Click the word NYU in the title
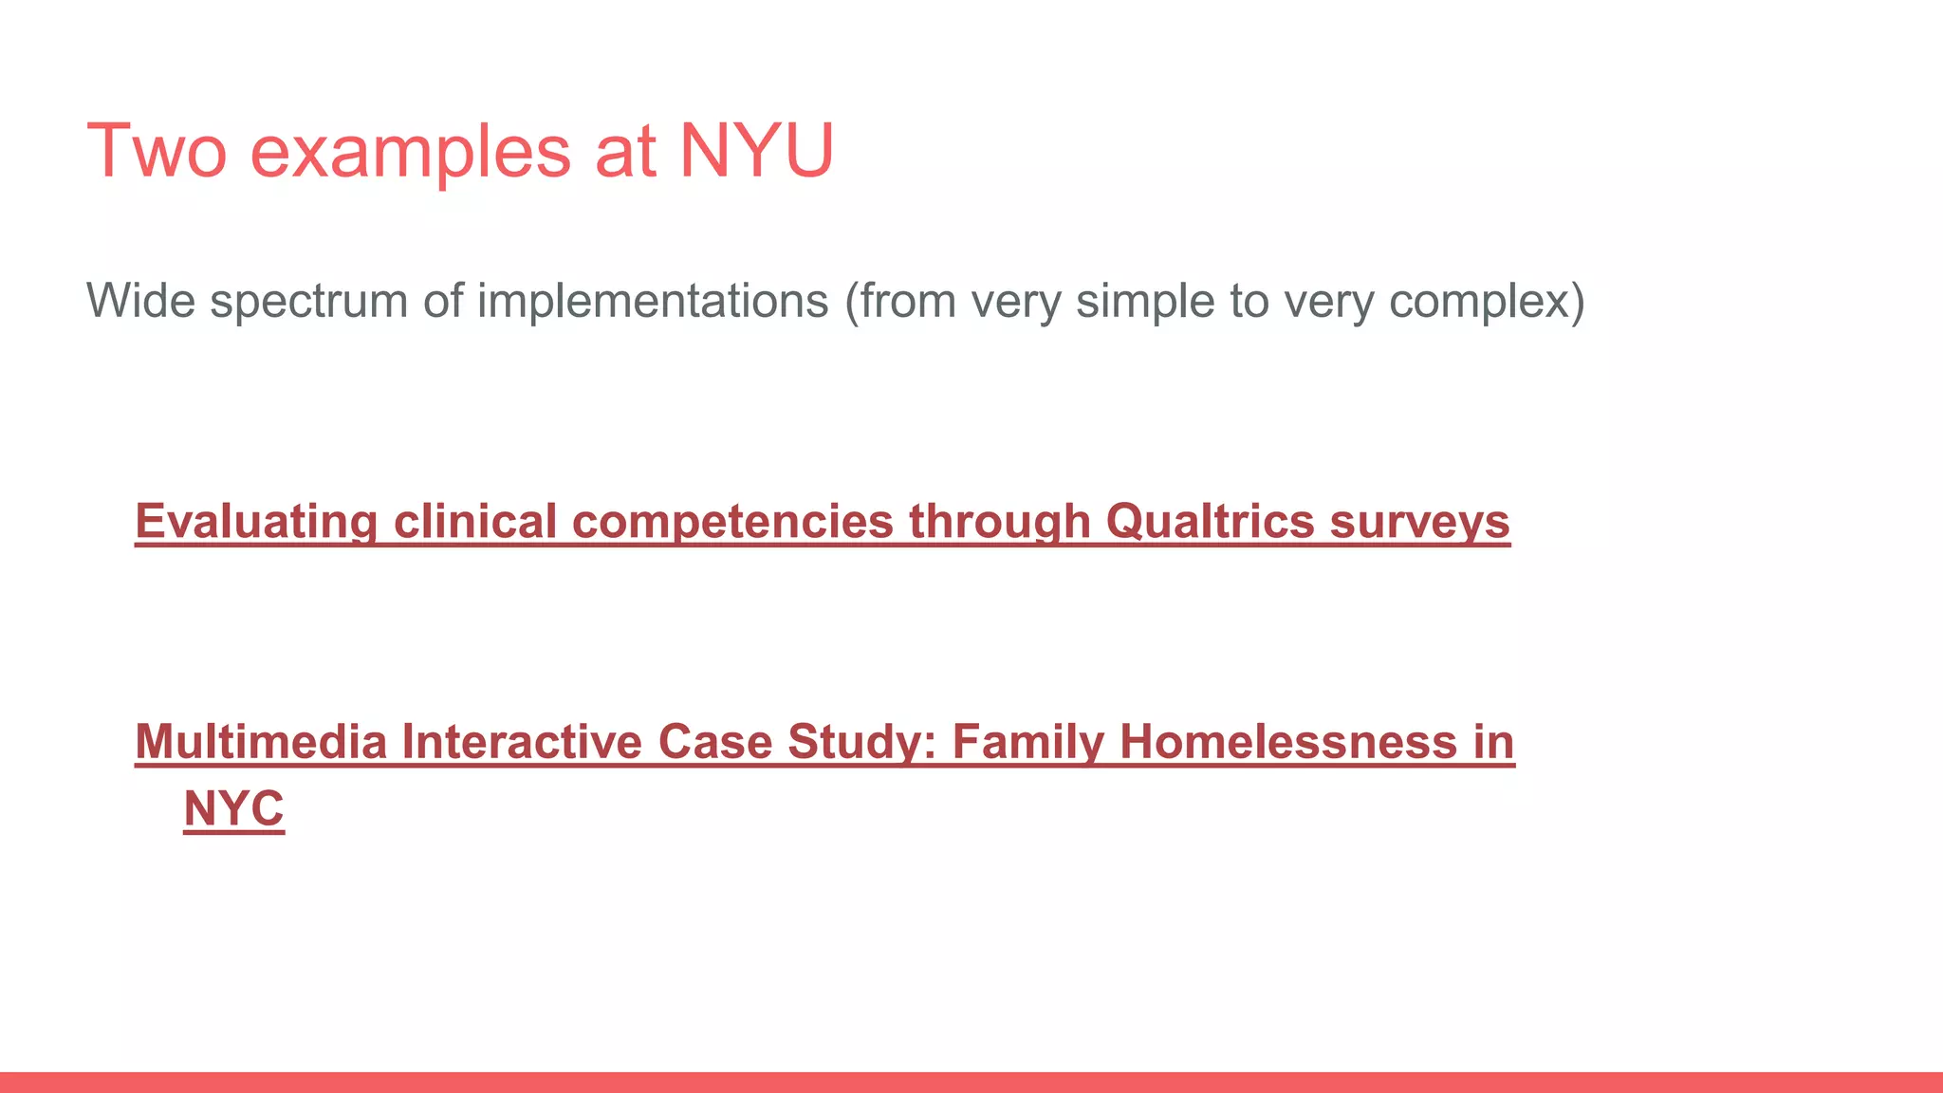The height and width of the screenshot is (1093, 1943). point(756,151)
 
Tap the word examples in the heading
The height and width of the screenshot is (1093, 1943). point(411,153)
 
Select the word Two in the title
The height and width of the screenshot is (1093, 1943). point(157,151)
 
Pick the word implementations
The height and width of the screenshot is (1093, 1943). point(653,301)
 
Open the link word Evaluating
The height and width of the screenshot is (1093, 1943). point(256,522)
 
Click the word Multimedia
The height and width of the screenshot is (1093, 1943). point(261,742)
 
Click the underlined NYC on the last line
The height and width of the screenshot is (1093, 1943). point(233,809)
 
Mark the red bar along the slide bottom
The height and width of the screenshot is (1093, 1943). point(971,1083)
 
